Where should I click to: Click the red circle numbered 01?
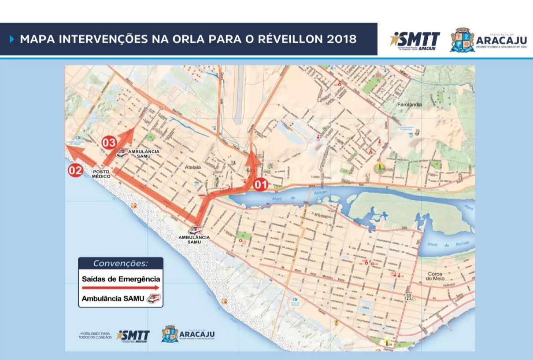(260, 184)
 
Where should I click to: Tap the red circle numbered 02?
(75, 170)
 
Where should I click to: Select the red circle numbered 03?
(109, 143)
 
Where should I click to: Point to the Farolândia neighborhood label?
(409, 105)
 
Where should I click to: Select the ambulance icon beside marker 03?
(122, 152)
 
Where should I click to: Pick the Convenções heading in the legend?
(120, 264)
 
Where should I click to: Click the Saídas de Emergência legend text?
(121, 279)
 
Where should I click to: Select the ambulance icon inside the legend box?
(154, 299)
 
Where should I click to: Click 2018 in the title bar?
(341, 39)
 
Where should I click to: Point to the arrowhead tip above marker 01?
(252, 152)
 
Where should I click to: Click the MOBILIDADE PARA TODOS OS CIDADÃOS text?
(96, 336)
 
